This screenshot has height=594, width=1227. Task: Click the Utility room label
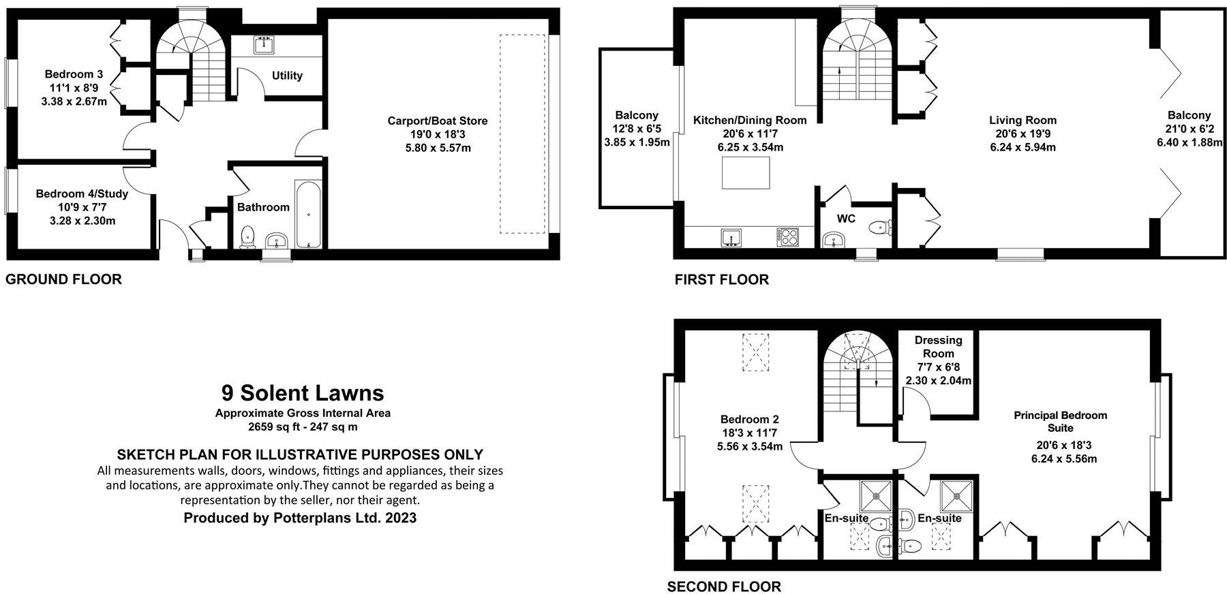click(287, 76)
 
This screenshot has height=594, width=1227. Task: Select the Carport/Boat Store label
click(438, 121)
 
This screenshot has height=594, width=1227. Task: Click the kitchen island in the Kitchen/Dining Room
click(746, 172)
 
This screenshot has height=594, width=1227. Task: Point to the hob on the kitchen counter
click(788, 237)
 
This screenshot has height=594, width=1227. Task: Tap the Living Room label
click(1022, 121)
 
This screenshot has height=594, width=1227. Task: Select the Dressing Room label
click(938, 347)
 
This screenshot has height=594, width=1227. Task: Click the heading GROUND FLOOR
click(63, 279)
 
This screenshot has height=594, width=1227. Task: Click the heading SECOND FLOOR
click(724, 587)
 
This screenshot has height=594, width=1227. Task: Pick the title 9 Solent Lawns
click(303, 393)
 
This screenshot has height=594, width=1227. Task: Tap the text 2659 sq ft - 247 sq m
click(303, 427)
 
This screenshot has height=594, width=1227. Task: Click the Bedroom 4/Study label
click(82, 193)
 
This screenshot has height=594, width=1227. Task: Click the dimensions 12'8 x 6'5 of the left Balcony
click(637, 129)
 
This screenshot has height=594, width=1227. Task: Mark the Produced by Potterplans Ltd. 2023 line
click(300, 518)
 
